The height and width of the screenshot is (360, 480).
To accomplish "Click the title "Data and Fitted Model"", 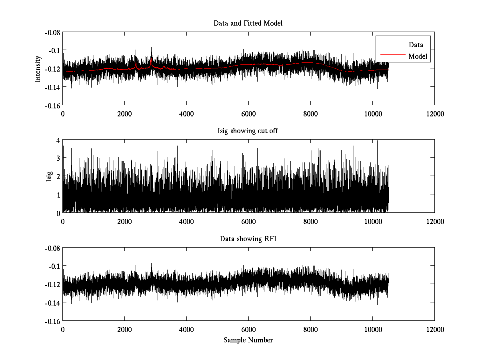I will point(248,23).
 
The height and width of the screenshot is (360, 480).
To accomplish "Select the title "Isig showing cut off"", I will point(248,131).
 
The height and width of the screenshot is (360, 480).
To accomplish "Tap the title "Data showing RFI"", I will point(248,239).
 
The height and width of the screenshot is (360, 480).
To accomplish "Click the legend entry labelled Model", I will point(418,56).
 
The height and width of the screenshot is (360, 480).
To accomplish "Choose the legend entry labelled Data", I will point(416,45).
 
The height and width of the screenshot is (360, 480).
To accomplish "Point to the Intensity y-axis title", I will point(38,68).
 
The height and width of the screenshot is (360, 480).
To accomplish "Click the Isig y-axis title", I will point(49,176).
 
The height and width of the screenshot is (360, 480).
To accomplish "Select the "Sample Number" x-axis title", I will point(248,340).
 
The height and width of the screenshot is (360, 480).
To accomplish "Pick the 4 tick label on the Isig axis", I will point(58,140).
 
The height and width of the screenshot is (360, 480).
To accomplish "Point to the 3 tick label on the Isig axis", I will point(58,158).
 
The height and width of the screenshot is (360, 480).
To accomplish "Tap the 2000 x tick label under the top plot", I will point(124,114).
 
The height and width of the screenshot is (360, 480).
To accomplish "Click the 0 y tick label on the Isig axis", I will point(58,213).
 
